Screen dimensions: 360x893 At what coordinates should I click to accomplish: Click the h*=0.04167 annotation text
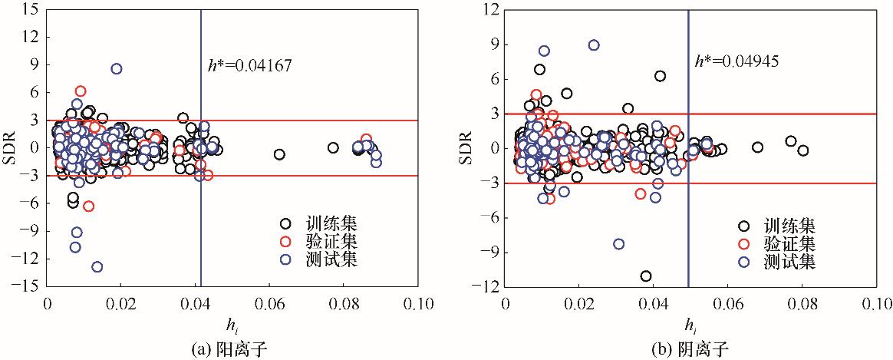coord(250,66)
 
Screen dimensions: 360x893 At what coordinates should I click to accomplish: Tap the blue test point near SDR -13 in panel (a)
coord(97,267)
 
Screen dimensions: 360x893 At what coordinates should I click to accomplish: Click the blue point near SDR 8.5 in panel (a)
coord(117,68)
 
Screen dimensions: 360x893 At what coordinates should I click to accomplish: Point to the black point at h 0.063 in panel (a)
coord(279,154)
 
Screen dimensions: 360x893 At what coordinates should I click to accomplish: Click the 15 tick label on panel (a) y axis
coord(31,9)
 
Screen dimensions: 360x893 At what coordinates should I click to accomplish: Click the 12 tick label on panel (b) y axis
coord(489,9)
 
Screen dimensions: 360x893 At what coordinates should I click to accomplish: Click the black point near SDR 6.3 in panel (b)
coord(660,75)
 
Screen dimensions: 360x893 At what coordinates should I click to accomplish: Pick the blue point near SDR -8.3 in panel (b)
coord(618,244)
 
